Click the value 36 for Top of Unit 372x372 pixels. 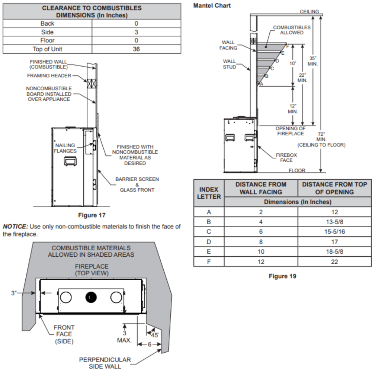coord(136,49)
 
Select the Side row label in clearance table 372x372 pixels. coord(47,32)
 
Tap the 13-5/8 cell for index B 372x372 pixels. coord(334,222)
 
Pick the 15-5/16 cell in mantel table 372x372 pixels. coord(334,231)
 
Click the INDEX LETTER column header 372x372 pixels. coord(209,193)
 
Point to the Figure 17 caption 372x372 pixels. coord(92,215)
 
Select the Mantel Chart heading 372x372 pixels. coord(212,6)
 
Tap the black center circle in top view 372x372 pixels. coord(91,297)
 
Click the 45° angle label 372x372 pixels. coord(154,334)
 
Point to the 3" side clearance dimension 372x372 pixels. coord(14,293)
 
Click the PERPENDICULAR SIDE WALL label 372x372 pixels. coord(105,363)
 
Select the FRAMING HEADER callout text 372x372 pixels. coord(49,76)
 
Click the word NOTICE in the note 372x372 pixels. coord(14,226)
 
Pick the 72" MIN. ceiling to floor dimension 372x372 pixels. coord(321,139)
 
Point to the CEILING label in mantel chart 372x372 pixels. coord(310,12)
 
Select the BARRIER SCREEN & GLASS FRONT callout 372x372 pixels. coord(137,185)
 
